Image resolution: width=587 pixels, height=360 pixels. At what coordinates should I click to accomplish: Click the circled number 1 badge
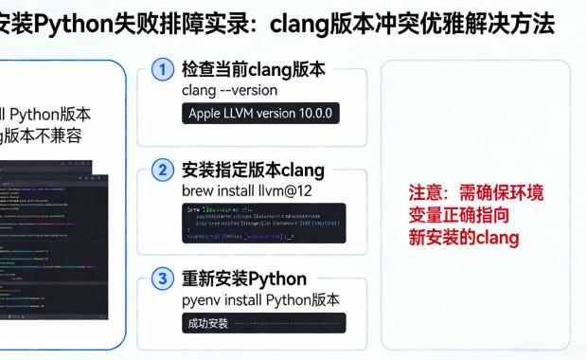coord(164,69)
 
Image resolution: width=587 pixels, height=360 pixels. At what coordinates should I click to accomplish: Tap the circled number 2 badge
coord(164,171)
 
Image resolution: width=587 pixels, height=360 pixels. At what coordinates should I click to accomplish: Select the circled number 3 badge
coord(164,279)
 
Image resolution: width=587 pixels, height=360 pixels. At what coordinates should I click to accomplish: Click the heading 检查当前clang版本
coord(253,69)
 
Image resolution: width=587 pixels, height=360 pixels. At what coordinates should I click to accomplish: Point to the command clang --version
coord(229,90)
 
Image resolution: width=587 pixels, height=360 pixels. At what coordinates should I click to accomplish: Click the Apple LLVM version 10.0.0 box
coord(259,114)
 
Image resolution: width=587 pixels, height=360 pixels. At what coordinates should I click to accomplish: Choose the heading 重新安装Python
coord(243,279)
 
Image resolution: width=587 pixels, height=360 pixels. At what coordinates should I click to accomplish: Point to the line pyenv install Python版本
coord(260,300)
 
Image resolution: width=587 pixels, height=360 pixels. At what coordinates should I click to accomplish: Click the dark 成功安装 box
coord(263,323)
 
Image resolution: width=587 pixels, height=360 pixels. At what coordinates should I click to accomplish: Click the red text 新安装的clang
coord(463,237)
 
